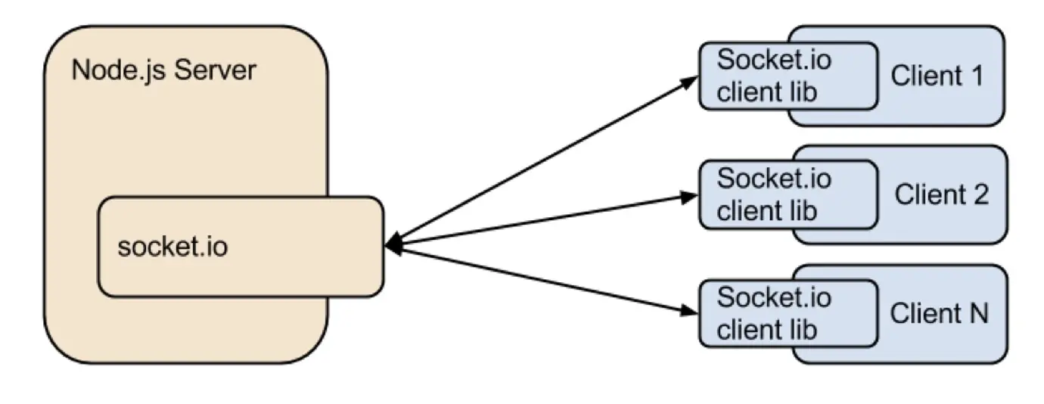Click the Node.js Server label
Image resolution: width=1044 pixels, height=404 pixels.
163,71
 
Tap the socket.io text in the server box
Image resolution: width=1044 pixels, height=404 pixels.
172,247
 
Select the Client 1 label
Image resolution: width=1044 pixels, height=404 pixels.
937,76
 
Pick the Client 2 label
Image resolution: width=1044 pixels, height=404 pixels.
941,194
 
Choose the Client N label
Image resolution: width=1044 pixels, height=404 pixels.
939,313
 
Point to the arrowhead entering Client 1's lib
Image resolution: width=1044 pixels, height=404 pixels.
689,82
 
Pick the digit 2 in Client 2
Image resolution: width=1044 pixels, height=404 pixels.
980,194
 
